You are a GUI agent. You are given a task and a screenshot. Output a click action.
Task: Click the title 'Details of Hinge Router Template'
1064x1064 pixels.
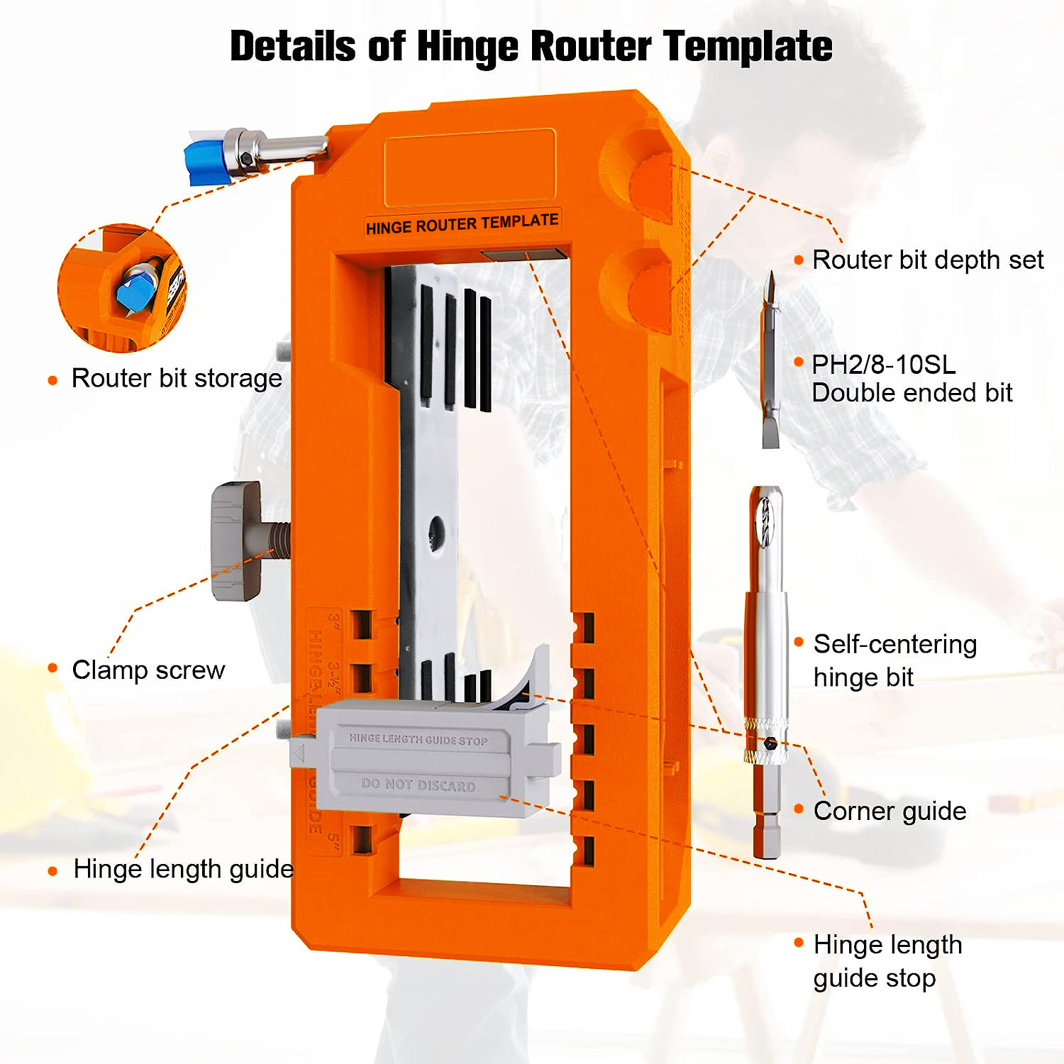click(x=531, y=47)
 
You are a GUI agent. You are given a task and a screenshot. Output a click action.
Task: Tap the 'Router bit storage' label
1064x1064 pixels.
click(x=177, y=379)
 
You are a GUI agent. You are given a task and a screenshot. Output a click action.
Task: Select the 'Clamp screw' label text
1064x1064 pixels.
click(x=148, y=670)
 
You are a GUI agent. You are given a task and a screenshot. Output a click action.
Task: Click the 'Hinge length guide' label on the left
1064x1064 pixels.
click(x=183, y=869)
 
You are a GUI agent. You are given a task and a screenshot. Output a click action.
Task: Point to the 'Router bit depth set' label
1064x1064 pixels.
click(x=927, y=260)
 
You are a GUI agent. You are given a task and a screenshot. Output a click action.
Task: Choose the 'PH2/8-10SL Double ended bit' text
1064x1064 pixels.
click(x=911, y=379)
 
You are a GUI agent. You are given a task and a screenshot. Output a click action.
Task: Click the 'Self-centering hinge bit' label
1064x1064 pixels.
click(x=894, y=660)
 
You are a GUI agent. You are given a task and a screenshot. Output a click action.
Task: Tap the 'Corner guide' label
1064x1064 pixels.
click(x=890, y=811)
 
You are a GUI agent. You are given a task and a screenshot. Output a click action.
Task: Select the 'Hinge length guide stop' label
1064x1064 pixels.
click(x=887, y=961)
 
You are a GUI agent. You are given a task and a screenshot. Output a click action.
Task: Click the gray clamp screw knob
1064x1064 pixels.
click(x=236, y=541)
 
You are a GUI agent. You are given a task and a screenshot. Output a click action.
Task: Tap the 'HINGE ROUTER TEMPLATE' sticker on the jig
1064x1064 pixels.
click(x=462, y=224)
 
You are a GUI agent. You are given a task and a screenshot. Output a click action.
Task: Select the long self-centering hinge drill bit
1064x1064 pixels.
click(x=766, y=667)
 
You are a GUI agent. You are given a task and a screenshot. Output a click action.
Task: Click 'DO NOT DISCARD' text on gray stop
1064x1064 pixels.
click(x=418, y=785)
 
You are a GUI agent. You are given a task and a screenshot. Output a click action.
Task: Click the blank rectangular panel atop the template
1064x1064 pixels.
click(x=470, y=168)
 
